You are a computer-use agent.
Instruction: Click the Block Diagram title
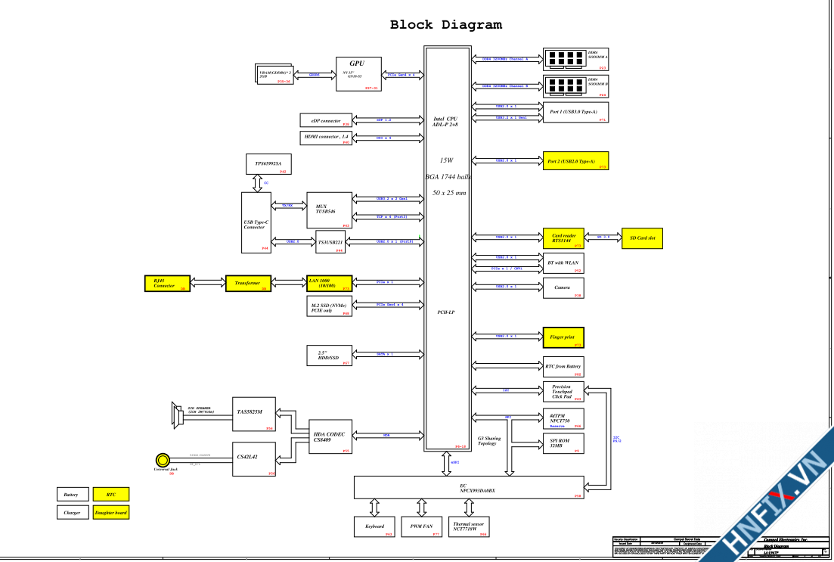pos(445,25)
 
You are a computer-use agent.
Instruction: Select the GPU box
pos(357,74)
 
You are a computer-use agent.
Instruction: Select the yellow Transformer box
pos(248,283)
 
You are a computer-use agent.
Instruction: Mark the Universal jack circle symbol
pos(162,459)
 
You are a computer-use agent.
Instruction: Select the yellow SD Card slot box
pos(642,238)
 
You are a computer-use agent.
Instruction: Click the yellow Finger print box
pos(563,337)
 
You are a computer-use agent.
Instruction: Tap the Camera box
pos(563,288)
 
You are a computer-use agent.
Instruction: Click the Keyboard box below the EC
pos(374,526)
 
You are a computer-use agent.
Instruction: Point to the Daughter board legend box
pos(110,512)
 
